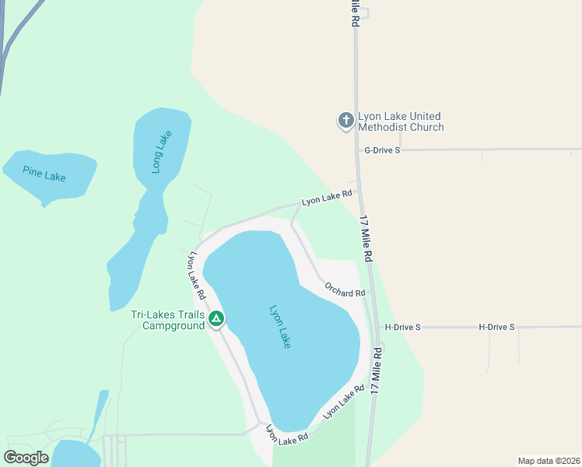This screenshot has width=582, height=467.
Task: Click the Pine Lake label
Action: (44, 174)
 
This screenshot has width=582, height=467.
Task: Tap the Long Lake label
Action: (161, 151)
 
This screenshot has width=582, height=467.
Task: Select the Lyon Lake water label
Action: (279, 325)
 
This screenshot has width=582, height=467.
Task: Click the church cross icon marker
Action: (345, 121)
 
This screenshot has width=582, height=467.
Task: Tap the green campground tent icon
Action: (216, 318)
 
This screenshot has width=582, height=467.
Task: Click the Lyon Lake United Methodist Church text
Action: (401, 122)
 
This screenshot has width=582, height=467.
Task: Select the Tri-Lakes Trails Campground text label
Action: (167, 320)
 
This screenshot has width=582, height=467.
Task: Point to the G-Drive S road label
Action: (381, 149)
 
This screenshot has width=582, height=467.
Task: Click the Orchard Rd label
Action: (345, 290)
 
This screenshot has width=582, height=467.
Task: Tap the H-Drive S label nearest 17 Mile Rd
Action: (402, 328)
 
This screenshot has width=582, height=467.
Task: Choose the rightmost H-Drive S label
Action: (496, 327)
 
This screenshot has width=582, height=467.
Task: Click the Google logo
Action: (26, 458)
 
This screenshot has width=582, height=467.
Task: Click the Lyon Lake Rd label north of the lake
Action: (327, 198)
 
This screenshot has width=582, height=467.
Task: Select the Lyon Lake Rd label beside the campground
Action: (195, 276)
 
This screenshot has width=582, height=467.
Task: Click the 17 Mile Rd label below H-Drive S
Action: (378, 373)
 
